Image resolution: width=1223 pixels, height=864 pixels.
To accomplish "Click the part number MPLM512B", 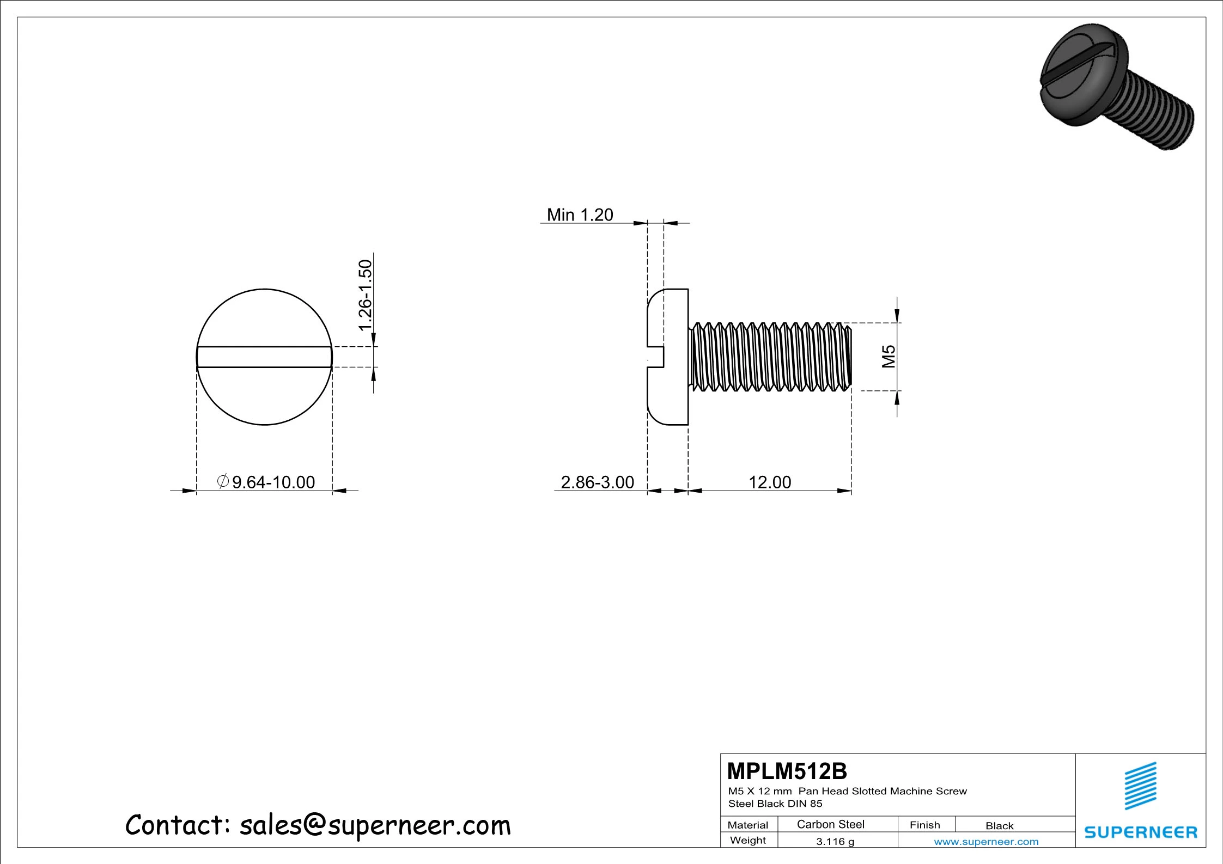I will (787, 771).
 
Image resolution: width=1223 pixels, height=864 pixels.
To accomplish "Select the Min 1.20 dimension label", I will (580, 215).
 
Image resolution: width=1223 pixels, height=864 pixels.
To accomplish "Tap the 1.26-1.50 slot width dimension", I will (365, 295).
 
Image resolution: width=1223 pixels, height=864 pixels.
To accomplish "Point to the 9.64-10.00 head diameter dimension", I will (273, 482).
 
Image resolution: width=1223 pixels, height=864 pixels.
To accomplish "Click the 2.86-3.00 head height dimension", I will (597, 482).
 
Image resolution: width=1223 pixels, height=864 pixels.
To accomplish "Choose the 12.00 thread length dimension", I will (769, 482).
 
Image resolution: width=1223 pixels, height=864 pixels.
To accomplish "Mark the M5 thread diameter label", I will (889, 357).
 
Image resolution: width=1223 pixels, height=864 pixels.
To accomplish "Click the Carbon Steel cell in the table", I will (830, 824).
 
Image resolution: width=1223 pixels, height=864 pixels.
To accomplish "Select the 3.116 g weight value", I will (835, 842).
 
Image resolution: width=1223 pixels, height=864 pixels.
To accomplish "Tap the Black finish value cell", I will (999, 826).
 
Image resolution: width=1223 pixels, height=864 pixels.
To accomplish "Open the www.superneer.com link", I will (986, 842).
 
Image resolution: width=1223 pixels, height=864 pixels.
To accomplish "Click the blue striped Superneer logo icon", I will (1140, 786).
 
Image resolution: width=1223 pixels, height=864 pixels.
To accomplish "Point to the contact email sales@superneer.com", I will (375, 825).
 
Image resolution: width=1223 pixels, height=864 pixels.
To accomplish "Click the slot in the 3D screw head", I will (1076, 64).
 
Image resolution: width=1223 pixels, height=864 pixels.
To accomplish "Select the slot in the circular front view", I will (264, 357).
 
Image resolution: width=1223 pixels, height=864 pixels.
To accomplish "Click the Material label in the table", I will (747, 825).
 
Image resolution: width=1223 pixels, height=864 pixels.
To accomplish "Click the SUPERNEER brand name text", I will (1140, 832).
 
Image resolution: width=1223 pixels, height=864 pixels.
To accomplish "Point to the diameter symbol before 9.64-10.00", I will (222, 481).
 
